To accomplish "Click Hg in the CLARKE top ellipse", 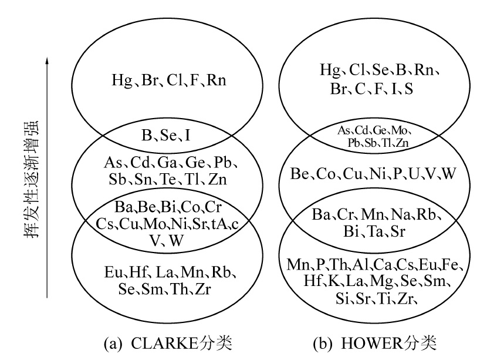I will pyautogui.click(x=121, y=80).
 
